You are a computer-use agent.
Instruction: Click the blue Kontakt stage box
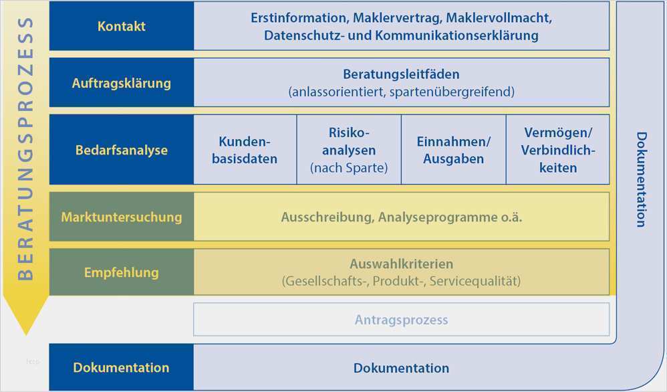point(122,26)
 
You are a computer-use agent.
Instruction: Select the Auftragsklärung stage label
point(122,83)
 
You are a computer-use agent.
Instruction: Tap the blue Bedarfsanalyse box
point(122,149)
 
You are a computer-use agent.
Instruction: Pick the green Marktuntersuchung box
point(122,217)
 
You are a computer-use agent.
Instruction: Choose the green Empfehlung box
point(122,272)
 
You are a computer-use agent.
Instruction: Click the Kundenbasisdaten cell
point(245,149)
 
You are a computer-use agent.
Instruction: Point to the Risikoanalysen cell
point(349,149)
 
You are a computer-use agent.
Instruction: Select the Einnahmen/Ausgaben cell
point(453,149)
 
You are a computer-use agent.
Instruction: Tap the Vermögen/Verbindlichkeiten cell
point(557,149)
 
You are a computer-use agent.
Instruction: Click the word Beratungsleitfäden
point(401,74)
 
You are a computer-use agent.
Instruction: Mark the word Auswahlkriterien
point(401,264)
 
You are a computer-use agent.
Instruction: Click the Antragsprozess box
point(401,319)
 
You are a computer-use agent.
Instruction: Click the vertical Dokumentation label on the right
point(642,179)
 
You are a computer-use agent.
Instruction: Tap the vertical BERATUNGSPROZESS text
point(25,149)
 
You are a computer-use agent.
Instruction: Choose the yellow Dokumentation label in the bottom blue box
point(121,367)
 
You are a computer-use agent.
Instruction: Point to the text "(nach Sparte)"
point(349,168)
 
